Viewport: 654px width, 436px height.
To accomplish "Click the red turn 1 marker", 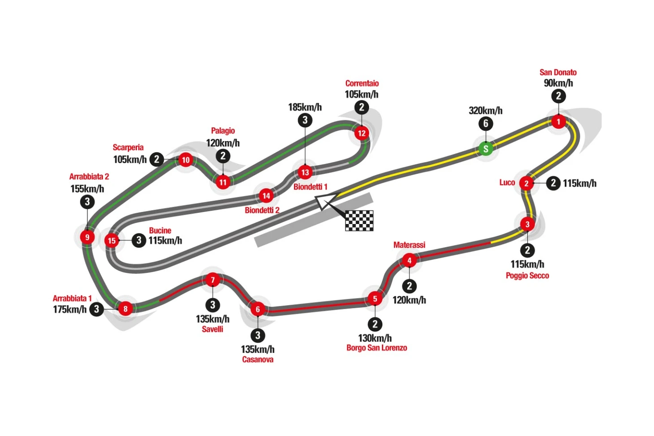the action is (x=558, y=122).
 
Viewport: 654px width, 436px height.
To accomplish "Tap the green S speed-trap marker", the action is (x=486, y=149).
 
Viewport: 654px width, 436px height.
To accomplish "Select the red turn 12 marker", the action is (x=361, y=134).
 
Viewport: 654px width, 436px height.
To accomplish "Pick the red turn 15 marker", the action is (x=112, y=241).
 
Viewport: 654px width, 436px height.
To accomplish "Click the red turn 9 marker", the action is (x=87, y=237).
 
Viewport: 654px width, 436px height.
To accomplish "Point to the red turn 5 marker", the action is (x=375, y=299).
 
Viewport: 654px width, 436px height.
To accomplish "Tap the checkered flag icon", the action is (x=359, y=220).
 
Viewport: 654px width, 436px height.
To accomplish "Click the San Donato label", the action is (x=558, y=73).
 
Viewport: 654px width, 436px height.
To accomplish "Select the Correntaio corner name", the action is (x=362, y=83).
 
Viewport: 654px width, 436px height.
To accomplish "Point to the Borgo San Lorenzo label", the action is (x=377, y=348).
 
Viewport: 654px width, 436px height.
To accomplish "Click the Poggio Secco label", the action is (x=527, y=276).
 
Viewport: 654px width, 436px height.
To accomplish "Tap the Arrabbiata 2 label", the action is (x=89, y=177).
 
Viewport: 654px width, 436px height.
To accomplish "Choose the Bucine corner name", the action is (x=160, y=230).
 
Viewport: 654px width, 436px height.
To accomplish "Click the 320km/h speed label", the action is (x=486, y=111).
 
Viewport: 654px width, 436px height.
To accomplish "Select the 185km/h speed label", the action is (x=305, y=107).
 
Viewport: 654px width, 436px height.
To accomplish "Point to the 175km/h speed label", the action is (x=70, y=309).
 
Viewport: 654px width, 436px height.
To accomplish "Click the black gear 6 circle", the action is (x=486, y=124).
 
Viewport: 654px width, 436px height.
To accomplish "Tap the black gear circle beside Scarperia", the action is (x=157, y=160).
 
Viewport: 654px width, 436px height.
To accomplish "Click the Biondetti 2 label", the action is (x=262, y=210).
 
